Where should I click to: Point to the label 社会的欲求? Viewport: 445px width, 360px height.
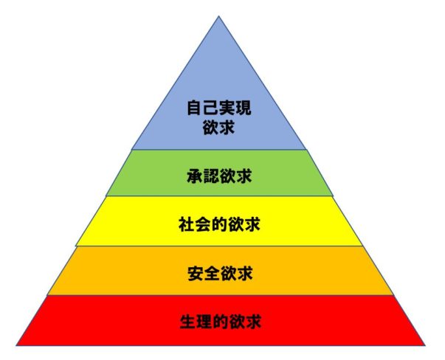point(220,224)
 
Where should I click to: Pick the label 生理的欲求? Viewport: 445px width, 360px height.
point(220,322)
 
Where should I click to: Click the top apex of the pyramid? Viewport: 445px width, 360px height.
point(218,16)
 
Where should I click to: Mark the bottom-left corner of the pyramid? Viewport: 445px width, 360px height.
point(15,345)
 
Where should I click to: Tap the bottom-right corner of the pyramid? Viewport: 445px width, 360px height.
point(426,345)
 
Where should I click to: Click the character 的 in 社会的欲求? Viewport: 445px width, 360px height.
point(220,224)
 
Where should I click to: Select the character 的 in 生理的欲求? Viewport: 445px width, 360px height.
point(220,322)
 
